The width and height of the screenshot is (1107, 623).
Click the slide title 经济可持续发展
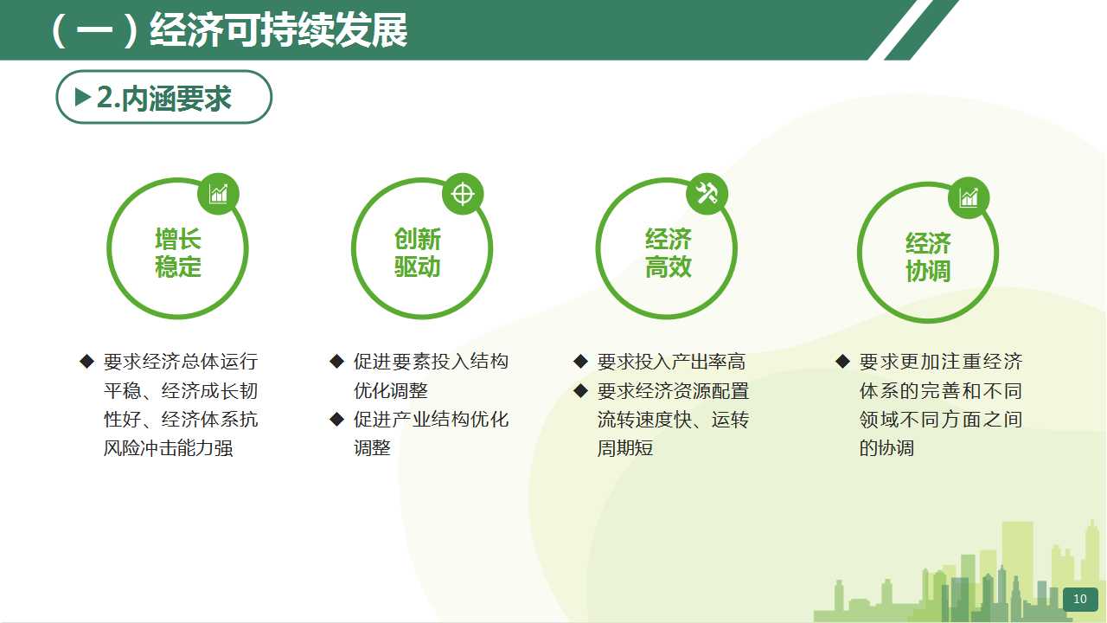(278, 30)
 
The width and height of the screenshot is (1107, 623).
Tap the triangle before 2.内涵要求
(82, 97)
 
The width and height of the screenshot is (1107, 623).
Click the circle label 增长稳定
(178, 253)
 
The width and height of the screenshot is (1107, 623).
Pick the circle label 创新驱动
(418, 253)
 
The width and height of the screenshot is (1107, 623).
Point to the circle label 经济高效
(669, 253)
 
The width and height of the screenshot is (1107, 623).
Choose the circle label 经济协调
(928, 257)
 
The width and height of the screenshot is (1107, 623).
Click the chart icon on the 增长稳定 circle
(219, 194)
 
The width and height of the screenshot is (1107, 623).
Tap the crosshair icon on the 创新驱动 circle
(463, 194)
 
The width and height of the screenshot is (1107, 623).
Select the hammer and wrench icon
(707, 193)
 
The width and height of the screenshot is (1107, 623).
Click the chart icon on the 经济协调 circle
(969, 198)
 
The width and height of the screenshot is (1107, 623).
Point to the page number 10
(1080, 599)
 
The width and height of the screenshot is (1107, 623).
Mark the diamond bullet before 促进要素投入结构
(337, 362)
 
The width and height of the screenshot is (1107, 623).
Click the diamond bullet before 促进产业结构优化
(337, 420)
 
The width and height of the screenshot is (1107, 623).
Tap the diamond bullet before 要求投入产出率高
(581, 362)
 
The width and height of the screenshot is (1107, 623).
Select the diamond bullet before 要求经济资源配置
(581, 390)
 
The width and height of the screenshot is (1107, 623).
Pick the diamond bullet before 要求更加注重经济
(843, 362)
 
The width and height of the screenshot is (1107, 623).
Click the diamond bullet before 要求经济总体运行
(87, 362)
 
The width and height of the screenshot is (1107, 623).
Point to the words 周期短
(625, 448)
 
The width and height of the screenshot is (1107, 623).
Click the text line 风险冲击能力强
(168, 448)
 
